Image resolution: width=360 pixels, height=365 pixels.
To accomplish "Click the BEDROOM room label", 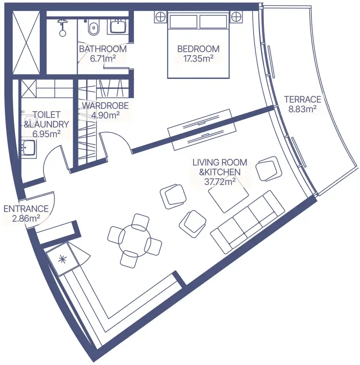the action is (x=198, y=49).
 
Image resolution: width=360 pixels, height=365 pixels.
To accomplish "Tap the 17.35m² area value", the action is (x=198, y=58).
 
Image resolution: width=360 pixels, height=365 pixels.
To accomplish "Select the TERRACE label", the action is (x=302, y=99).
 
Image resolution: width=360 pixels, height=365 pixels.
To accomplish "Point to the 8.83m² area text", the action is (x=302, y=109).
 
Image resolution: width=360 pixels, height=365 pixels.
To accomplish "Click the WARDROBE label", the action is (x=105, y=105).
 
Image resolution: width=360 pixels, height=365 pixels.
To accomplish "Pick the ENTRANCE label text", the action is (x=26, y=209).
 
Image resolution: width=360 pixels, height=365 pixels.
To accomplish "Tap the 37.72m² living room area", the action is (x=220, y=181).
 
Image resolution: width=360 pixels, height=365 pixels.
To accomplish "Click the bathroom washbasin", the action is (x=118, y=26).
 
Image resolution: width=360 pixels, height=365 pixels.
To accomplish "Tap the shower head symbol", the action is (x=62, y=27).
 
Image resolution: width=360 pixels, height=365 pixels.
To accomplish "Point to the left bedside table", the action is (x=160, y=17).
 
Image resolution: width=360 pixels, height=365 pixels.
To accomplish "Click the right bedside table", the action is (x=236, y=17).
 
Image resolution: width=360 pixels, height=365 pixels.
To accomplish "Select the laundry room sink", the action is (x=29, y=147).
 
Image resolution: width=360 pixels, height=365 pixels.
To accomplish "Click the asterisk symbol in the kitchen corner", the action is (x=62, y=259).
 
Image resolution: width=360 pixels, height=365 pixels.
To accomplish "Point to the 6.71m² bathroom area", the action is (x=103, y=58).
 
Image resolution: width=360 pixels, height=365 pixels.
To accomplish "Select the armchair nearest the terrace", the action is (x=269, y=169).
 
